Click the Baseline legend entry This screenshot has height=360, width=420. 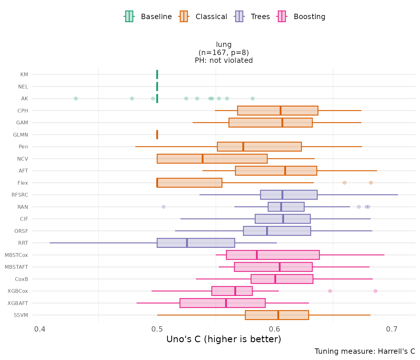(148, 17)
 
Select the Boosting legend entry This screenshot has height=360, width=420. (302, 17)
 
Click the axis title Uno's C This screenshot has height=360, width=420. (224, 339)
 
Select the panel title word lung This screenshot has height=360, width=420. (224, 44)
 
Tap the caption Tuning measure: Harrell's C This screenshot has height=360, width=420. (365, 351)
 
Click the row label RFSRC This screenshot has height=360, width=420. (20, 195)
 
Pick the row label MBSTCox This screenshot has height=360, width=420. (16, 255)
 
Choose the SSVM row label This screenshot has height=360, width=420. (21, 315)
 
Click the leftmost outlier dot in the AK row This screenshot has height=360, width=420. (76, 98)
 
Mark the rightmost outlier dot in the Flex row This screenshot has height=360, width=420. (371, 183)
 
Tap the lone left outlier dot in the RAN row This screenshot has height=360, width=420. (163, 207)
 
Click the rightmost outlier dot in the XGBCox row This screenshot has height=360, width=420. (375, 291)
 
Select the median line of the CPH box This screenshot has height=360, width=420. (281, 111)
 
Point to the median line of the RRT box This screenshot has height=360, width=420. (187, 243)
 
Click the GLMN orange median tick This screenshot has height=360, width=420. (157, 135)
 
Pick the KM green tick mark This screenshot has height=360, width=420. (157, 74)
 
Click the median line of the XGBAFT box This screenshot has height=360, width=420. (226, 303)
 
